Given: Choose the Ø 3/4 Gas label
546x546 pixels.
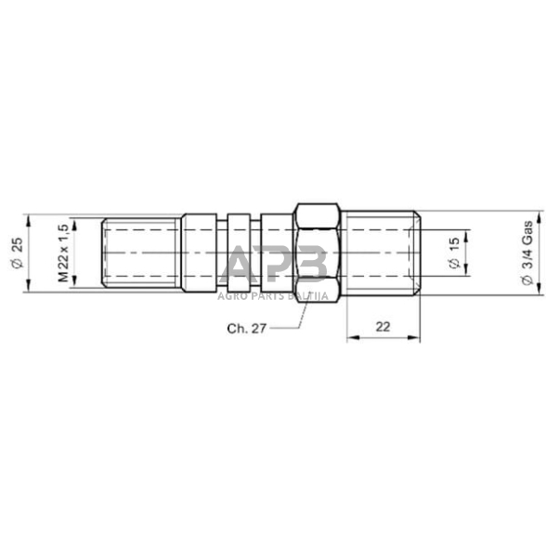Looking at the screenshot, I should click(x=526, y=252).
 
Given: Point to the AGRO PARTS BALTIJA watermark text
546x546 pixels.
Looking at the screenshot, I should click(x=275, y=296).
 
